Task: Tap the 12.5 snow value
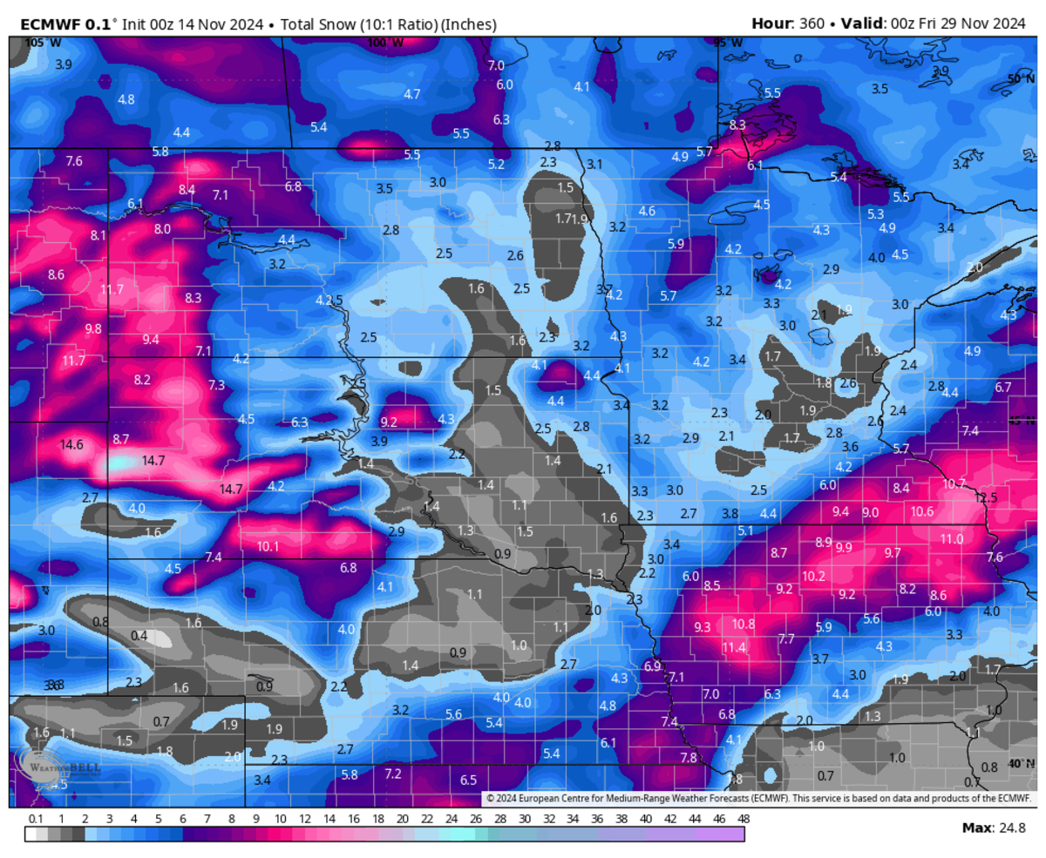click(x=986, y=497)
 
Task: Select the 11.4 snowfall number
click(x=735, y=647)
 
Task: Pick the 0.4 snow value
click(x=139, y=636)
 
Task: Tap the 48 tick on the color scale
click(x=744, y=820)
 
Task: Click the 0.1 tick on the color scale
click(x=36, y=820)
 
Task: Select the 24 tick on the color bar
click(x=451, y=820)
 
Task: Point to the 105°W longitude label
click(x=37, y=43)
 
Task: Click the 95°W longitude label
click(x=728, y=43)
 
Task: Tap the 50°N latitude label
click(x=1020, y=78)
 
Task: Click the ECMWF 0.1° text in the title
click(x=62, y=24)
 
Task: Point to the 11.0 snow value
click(x=952, y=539)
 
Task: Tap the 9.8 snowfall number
click(x=93, y=328)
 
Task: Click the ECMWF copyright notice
click(x=757, y=798)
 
